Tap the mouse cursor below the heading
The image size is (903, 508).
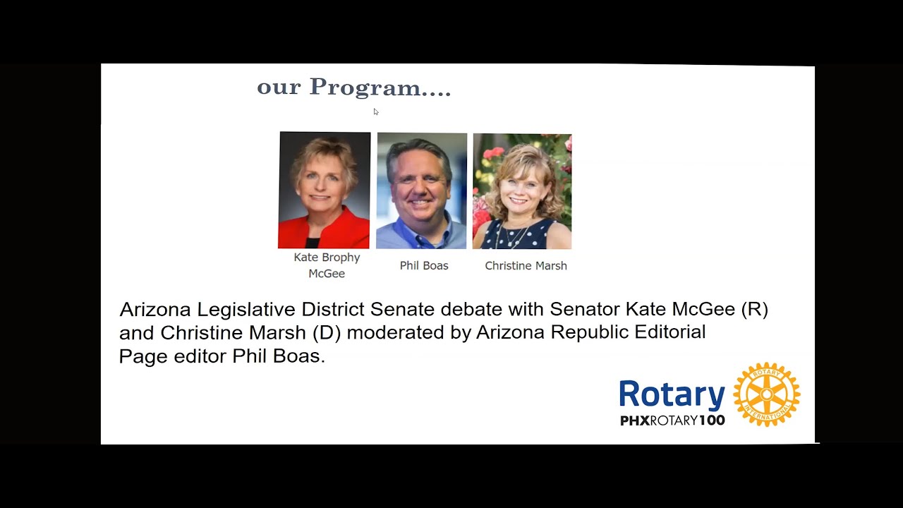click(376, 111)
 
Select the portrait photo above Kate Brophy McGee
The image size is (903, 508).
click(325, 190)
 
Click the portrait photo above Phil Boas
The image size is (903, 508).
click(421, 190)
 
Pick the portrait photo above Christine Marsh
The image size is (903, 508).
click(522, 191)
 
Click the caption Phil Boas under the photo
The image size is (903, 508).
click(424, 266)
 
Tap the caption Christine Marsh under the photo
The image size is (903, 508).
click(526, 266)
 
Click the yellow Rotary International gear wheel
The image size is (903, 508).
click(766, 394)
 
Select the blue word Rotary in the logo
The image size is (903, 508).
click(672, 394)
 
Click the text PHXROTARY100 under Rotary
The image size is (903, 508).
click(672, 421)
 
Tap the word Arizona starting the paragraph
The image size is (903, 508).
click(155, 310)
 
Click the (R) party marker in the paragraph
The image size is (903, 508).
click(754, 310)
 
